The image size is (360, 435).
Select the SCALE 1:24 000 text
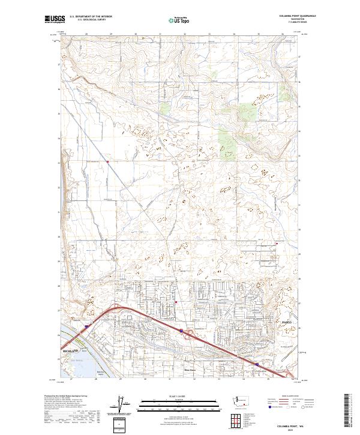tap(179, 396)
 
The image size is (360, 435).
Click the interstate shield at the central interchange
tap(181, 329)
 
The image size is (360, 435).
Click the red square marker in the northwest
tap(107, 161)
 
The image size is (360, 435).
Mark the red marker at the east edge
tap(277, 243)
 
